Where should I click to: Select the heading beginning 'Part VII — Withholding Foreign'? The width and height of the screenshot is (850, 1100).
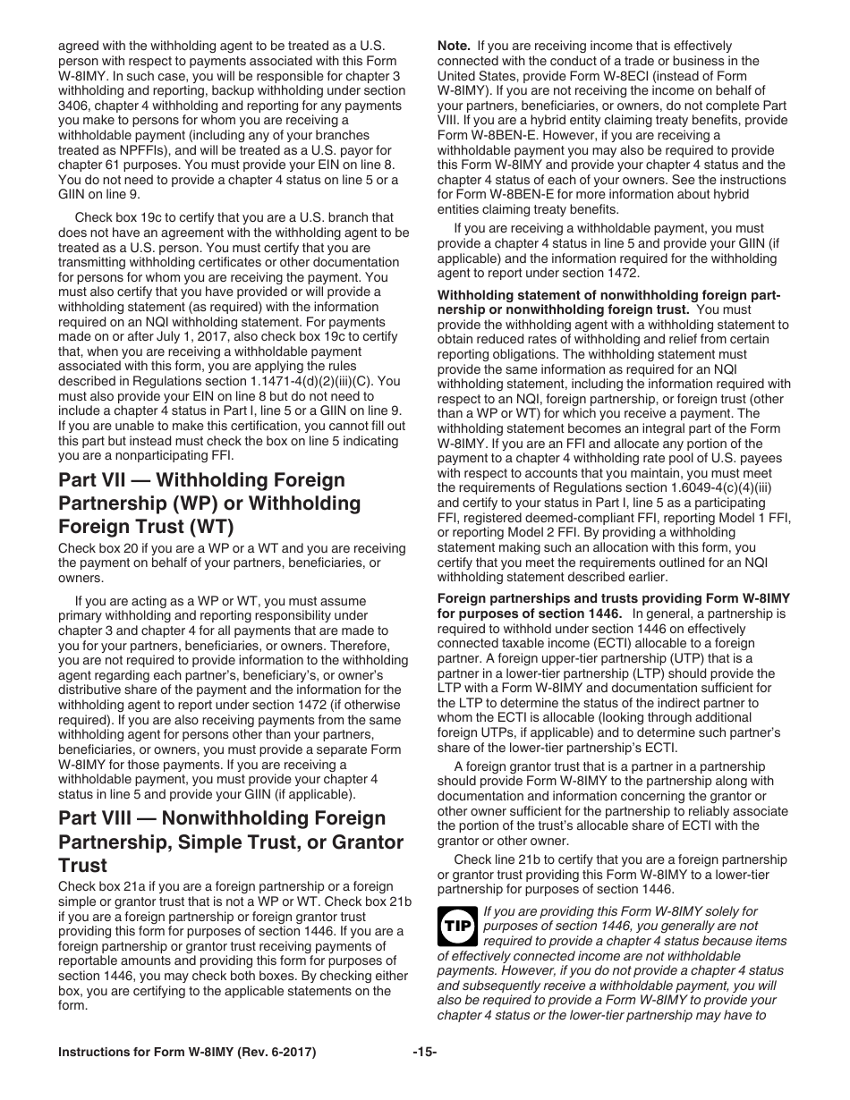coord(201,480)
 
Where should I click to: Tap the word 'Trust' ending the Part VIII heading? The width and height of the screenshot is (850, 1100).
coord(82,866)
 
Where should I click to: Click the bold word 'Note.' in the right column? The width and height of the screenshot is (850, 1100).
coord(454,46)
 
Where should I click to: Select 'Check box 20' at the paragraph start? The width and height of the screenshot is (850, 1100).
coord(94,548)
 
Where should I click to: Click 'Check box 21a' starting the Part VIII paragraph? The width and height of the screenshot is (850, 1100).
coord(98,886)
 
